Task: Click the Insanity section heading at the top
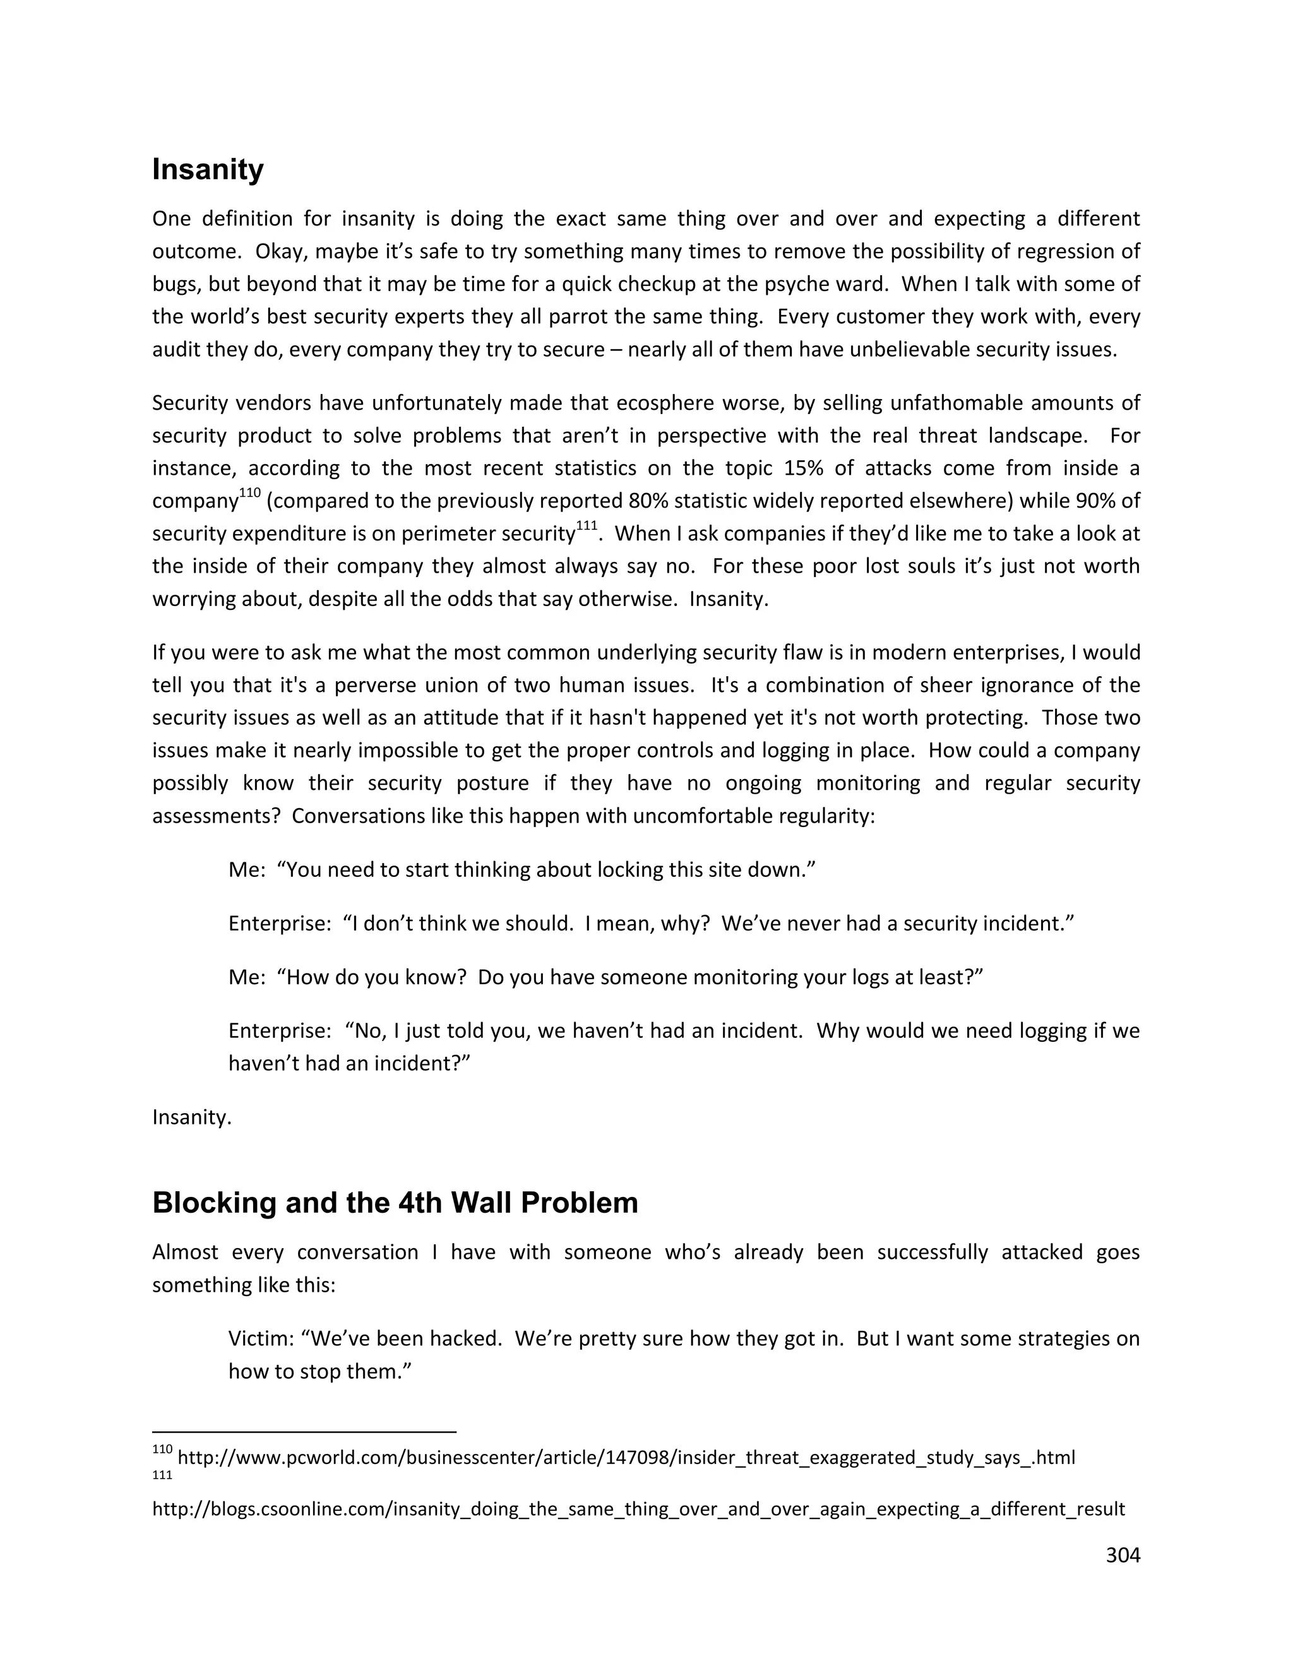point(208,169)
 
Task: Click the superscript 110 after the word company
point(250,493)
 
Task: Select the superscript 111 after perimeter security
point(586,525)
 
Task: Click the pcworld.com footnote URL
point(626,1457)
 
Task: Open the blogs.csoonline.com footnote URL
point(638,1509)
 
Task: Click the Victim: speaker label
point(261,1339)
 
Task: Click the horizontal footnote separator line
point(304,1431)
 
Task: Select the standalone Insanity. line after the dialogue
point(191,1117)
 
